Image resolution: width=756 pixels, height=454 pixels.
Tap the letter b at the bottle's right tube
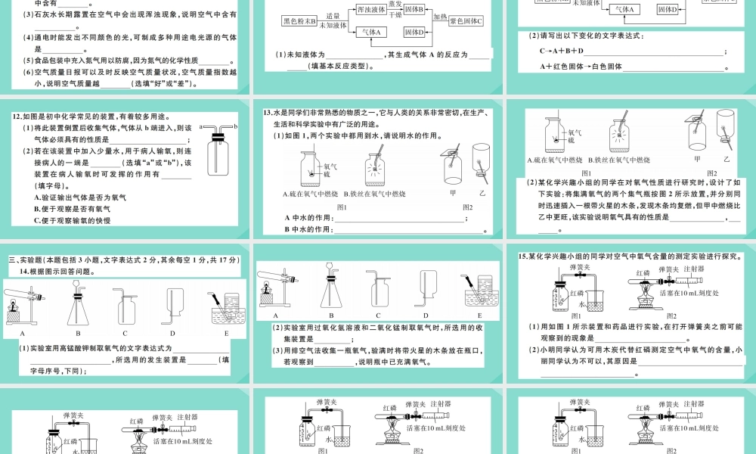click(237, 126)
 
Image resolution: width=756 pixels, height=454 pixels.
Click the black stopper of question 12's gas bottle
click(218, 137)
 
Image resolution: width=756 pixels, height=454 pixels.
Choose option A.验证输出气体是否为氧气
click(79, 197)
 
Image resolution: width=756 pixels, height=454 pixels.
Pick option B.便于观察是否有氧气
click(73, 209)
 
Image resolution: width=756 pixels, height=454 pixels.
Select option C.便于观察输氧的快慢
click(73, 220)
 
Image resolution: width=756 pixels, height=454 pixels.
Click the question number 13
click(268, 113)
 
